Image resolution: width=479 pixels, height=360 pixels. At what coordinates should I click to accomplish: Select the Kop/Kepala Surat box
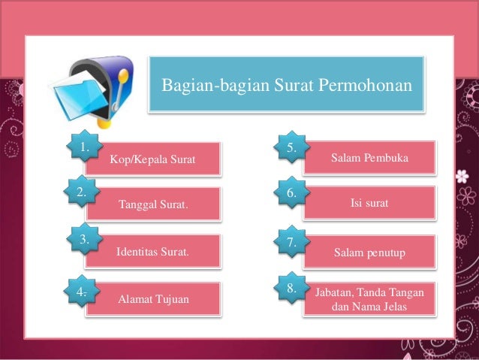[152, 159]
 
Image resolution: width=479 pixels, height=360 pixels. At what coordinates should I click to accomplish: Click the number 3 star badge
[85, 241]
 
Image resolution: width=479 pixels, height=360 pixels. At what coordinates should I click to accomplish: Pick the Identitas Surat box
[152, 252]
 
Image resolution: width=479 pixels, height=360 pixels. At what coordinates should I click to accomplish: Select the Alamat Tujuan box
[153, 300]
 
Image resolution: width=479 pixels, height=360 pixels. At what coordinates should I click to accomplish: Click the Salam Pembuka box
[369, 159]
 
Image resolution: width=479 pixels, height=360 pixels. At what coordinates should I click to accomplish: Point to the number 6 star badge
[292, 193]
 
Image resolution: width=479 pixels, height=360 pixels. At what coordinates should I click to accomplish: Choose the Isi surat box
[369, 203]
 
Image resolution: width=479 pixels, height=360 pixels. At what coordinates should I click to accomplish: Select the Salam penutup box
[369, 253]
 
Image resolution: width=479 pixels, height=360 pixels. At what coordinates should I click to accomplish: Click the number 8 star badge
[292, 288]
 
